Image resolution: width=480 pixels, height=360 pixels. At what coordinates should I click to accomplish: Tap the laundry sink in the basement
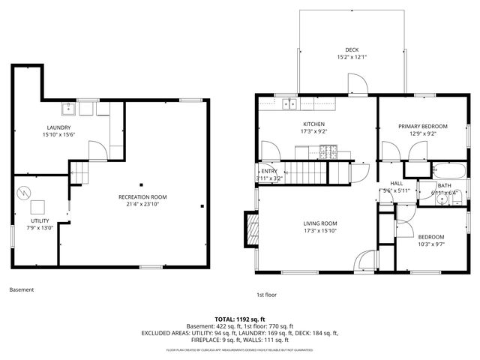(68, 109)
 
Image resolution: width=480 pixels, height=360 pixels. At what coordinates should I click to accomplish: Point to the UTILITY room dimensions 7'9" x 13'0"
(40, 227)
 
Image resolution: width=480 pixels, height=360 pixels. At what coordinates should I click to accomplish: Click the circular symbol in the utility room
(25, 192)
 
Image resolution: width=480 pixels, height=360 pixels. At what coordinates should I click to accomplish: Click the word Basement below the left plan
(22, 289)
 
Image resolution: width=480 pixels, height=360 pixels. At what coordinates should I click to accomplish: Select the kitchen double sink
(288, 105)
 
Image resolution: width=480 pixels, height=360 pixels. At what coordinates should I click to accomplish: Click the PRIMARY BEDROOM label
(423, 126)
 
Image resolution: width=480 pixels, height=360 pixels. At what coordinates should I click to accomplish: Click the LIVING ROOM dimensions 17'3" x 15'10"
(320, 231)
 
